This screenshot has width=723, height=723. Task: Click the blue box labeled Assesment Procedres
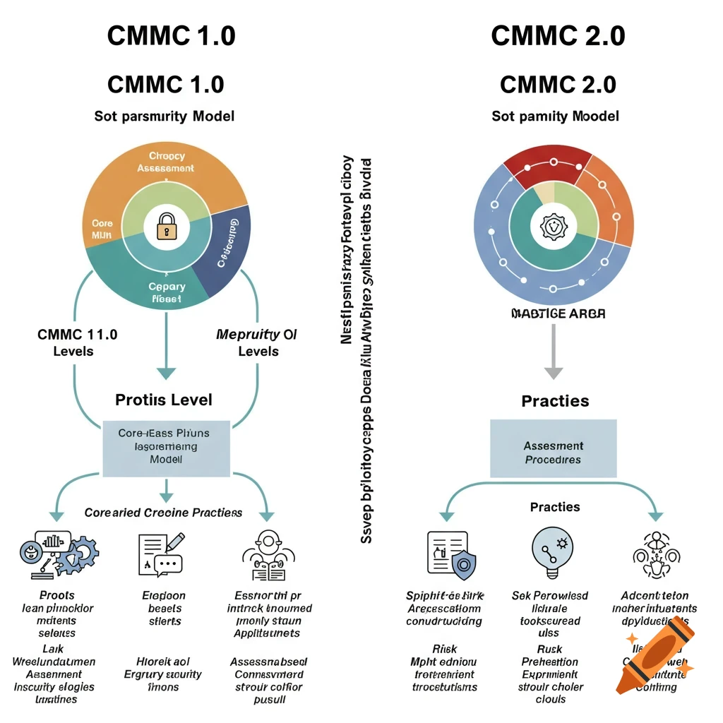tap(553, 453)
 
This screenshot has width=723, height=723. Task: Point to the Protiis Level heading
tap(164, 400)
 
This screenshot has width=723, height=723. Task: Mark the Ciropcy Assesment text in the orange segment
tap(166, 162)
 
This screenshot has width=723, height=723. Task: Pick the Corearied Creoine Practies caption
tap(163, 513)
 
